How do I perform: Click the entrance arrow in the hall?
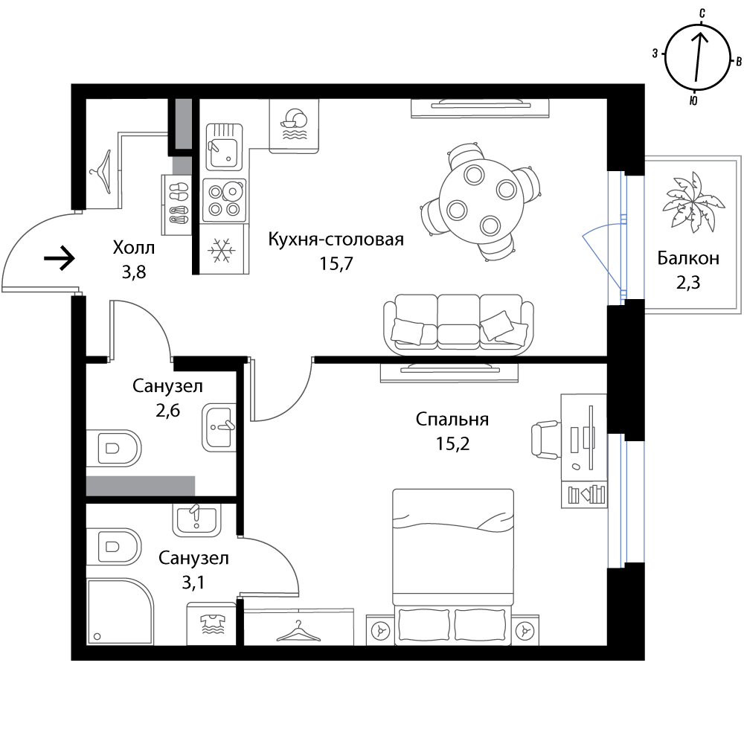click(x=60, y=259)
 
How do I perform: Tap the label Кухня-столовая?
click(x=336, y=239)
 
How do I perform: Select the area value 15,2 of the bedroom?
click(x=452, y=443)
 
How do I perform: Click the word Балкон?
click(x=688, y=257)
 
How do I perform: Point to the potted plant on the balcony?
click(x=693, y=202)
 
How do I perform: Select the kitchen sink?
click(x=224, y=147)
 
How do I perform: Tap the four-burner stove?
click(x=225, y=200)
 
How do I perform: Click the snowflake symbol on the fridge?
click(x=222, y=249)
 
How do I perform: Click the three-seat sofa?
click(x=459, y=324)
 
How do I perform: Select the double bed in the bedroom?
click(x=453, y=567)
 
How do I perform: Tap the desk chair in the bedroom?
click(x=545, y=440)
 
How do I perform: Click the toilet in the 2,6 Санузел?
click(x=114, y=448)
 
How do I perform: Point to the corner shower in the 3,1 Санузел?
click(x=120, y=611)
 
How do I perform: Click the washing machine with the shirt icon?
click(x=211, y=624)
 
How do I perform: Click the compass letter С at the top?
click(x=702, y=13)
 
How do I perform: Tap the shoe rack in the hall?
click(x=177, y=205)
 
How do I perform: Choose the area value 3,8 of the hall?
click(x=134, y=272)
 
